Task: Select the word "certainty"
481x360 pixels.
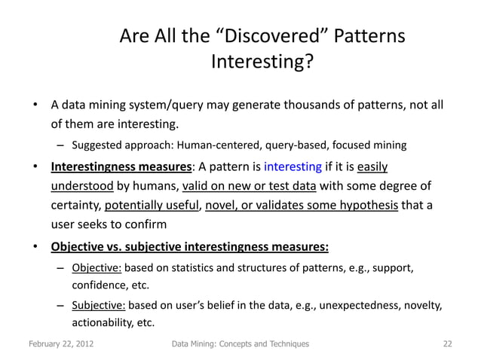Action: coord(75,205)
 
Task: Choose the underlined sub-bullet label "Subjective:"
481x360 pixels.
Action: coord(99,306)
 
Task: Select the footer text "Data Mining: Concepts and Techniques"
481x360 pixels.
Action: coord(240,344)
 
